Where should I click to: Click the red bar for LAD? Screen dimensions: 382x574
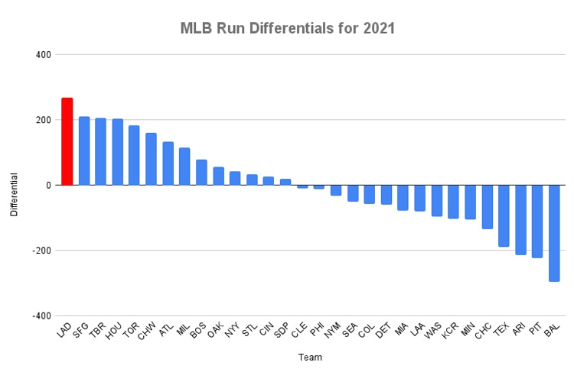(67, 141)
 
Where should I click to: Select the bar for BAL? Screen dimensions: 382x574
(554, 233)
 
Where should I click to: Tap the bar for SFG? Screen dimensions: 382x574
(84, 151)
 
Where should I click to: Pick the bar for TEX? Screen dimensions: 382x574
(504, 215)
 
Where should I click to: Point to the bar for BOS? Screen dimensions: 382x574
(201, 173)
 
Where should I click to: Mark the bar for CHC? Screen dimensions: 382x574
(487, 206)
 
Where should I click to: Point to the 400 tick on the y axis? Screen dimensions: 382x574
(42, 55)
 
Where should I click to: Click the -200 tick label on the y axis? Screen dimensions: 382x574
(41, 251)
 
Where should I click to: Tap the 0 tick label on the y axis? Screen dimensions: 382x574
(47, 186)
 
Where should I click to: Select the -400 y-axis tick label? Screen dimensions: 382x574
(41, 316)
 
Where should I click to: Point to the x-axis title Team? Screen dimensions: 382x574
(311, 358)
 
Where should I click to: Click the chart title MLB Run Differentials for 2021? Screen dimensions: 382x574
(287, 29)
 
